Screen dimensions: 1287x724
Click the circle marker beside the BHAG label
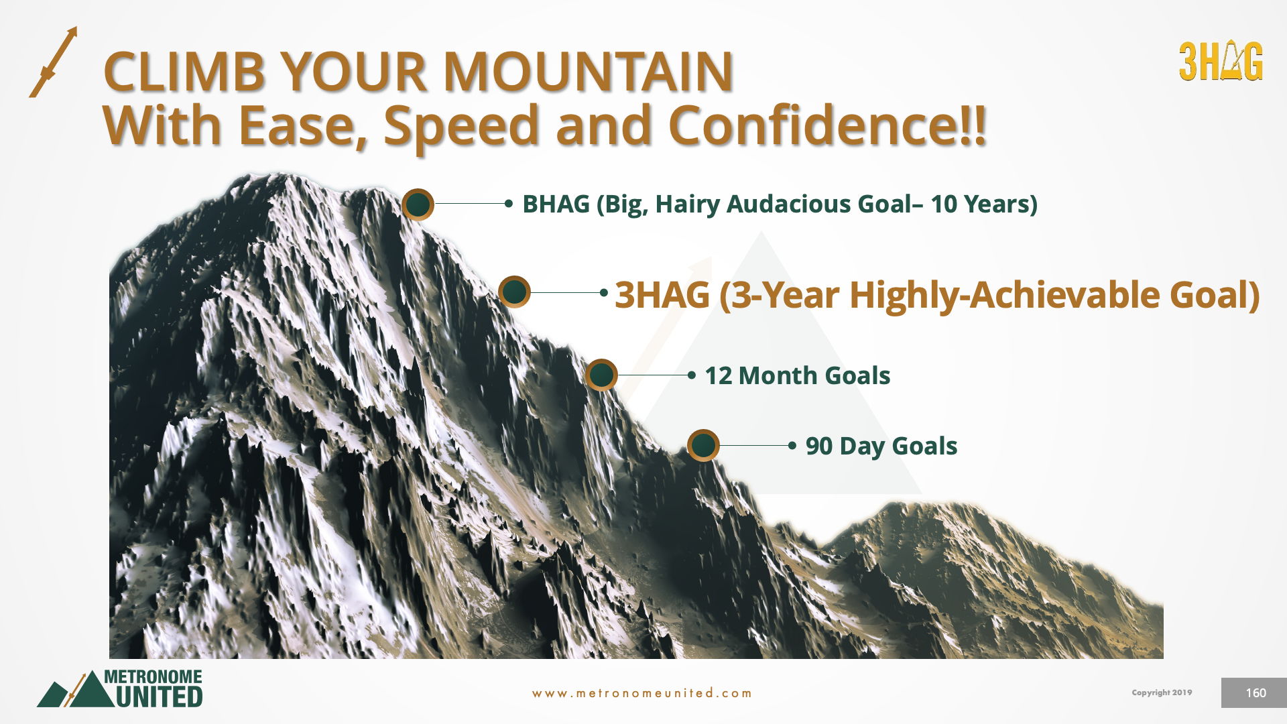click(x=418, y=204)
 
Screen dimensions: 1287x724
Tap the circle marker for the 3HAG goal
click(x=514, y=292)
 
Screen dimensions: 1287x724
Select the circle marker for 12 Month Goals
click(x=601, y=375)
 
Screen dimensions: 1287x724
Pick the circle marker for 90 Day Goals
click(x=703, y=445)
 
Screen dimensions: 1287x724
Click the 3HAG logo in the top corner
click(x=1221, y=62)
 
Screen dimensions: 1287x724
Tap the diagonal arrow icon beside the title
click(x=54, y=62)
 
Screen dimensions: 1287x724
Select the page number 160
click(x=1255, y=693)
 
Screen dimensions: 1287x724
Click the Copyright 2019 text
click(x=1162, y=692)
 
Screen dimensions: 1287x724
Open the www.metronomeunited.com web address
click(x=641, y=693)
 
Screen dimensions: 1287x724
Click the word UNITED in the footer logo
click(x=159, y=697)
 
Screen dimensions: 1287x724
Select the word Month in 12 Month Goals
click(x=778, y=375)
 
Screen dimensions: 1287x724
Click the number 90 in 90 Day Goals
click(x=819, y=446)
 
